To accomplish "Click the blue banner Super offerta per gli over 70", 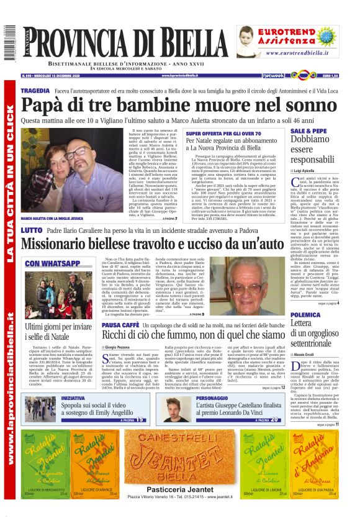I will click(x=223, y=134).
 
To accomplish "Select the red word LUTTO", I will click(x=31, y=230).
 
